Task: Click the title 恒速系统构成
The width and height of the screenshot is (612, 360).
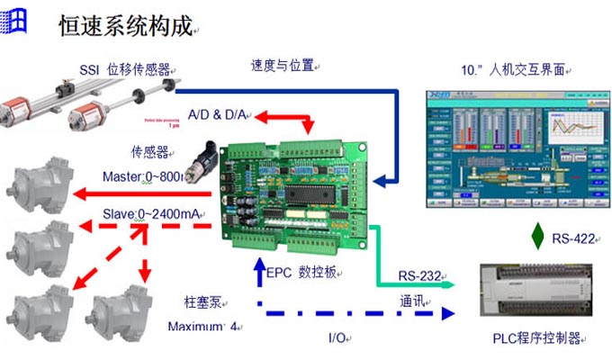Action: pos(125,26)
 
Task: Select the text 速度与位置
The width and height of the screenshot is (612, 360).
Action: pos(282,65)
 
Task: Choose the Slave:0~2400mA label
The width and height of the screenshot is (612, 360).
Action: pos(152,213)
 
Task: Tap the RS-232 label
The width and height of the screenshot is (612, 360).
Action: pos(418,274)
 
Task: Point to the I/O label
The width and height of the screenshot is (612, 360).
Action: pos(337,338)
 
